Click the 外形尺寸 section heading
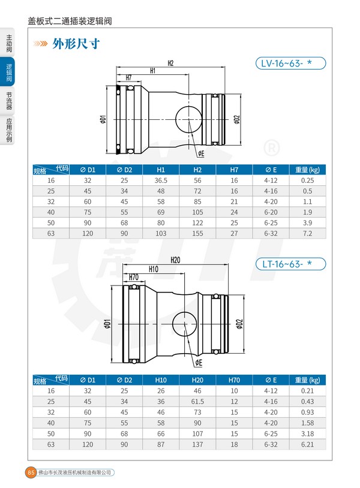pos(76,44)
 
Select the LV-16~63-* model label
pos(290,63)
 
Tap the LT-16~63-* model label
pos(290,264)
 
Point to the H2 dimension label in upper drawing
pos(170,63)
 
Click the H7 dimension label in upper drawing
pos(128,77)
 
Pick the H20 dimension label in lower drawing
pos(175,260)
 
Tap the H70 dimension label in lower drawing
pos(134,277)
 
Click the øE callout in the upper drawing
pos(201,153)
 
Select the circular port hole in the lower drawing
pos(184,324)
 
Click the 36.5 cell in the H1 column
pos(161,180)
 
